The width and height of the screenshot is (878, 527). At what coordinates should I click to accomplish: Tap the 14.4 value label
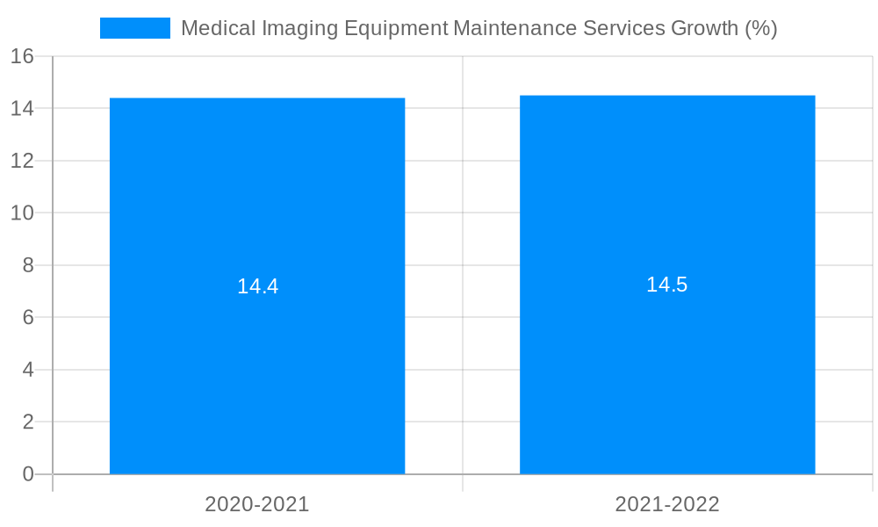click(257, 286)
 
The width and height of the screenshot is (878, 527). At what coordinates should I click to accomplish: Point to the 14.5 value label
click(666, 285)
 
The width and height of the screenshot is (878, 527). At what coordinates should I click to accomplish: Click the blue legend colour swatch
click(134, 28)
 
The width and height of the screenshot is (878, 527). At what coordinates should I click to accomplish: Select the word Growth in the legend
click(703, 28)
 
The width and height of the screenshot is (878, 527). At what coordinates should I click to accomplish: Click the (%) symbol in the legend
click(760, 28)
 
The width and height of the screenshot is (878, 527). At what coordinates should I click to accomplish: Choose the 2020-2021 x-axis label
click(257, 504)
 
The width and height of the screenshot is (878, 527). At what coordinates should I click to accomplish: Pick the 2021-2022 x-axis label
click(667, 504)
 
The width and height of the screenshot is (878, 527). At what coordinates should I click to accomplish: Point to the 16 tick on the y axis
click(22, 56)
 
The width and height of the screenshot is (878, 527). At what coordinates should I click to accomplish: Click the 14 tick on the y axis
click(22, 109)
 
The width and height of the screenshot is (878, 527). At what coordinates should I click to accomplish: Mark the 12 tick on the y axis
click(22, 161)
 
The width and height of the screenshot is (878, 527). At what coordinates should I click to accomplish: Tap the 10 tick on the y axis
click(22, 213)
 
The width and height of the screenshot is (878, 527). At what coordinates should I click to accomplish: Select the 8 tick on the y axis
click(27, 265)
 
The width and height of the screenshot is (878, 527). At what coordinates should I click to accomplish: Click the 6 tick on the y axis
click(27, 318)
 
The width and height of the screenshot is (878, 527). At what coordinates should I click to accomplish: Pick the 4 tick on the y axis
click(27, 370)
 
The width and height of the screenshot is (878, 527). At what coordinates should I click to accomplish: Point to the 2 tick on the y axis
click(27, 422)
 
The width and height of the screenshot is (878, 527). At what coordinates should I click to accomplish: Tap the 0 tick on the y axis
click(27, 474)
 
